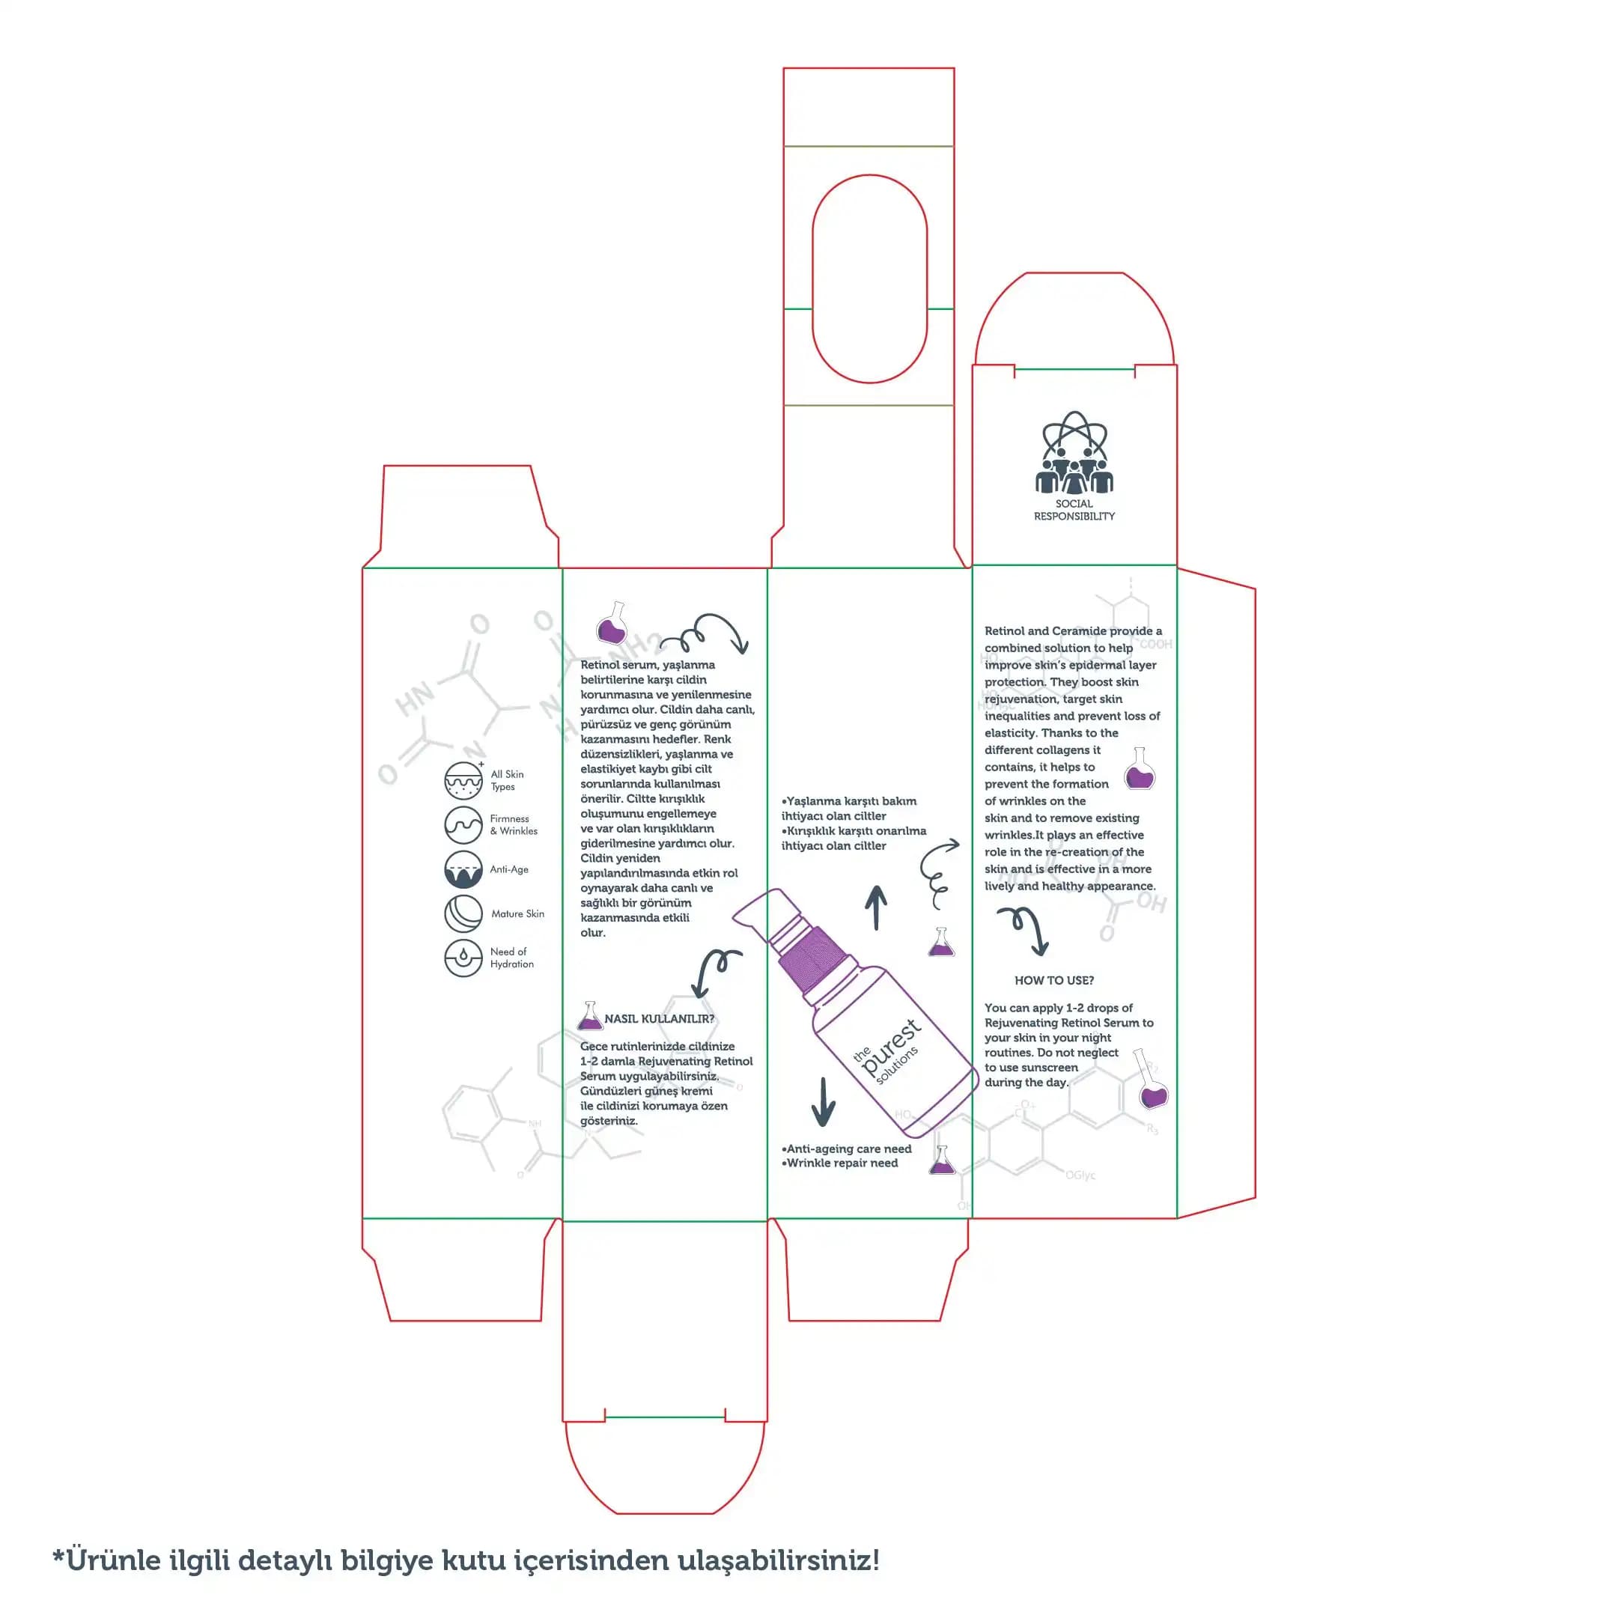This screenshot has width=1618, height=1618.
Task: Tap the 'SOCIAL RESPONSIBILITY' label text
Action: tap(1074, 510)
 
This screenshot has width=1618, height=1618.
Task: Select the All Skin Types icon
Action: tap(463, 780)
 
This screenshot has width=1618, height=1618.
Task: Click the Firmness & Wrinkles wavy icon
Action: tap(463, 825)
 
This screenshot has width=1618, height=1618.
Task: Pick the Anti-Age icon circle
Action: tap(463, 869)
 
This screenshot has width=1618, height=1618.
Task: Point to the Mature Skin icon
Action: tap(463, 913)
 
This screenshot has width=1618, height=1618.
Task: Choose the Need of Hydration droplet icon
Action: tap(463, 958)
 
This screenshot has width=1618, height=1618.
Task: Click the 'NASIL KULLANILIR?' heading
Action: tap(659, 1019)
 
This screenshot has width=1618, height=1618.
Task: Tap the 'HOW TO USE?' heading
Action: tap(1053, 981)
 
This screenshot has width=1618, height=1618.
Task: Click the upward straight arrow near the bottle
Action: tap(876, 907)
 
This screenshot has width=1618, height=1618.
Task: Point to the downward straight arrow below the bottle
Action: tap(824, 1101)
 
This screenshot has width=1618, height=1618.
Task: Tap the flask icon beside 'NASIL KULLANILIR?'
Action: tap(591, 1017)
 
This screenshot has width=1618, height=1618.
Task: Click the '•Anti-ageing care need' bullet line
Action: tap(847, 1149)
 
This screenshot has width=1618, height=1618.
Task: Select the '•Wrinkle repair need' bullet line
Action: tap(840, 1164)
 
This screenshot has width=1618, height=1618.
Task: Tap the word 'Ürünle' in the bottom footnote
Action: tap(112, 1560)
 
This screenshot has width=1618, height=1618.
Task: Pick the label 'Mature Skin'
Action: tap(517, 913)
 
